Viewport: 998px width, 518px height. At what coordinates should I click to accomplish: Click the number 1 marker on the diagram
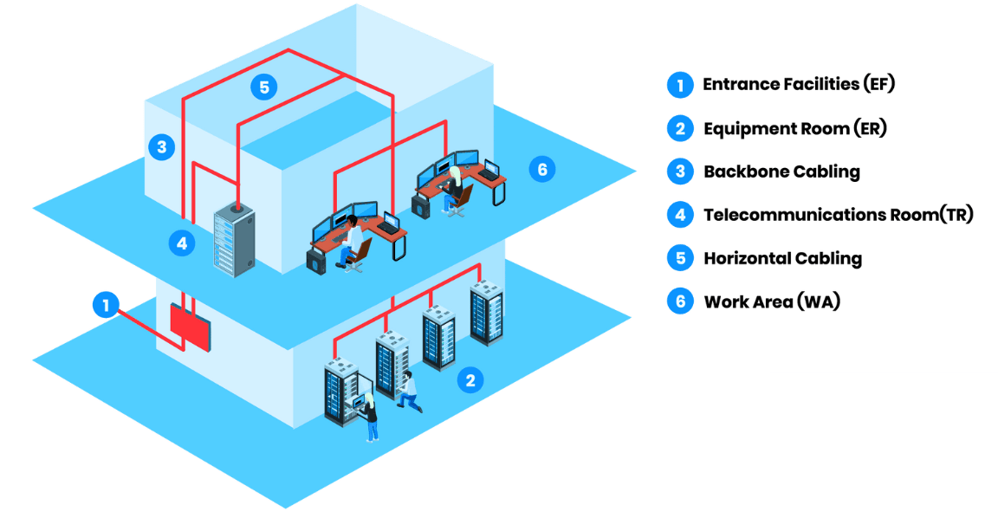pyautogui.click(x=106, y=305)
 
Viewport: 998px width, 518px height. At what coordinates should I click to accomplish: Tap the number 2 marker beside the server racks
pyautogui.click(x=470, y=379)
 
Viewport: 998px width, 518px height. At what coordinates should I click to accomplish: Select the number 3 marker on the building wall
pyautogui.click(x=161, y=146)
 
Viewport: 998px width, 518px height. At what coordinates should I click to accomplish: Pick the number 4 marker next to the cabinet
pyautogui.click(x=181, y=243)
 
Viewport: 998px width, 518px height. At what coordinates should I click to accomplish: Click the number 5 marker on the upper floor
pyautogui.click(x=264, y=86)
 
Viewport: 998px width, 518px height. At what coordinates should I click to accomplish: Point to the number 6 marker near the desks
pyautogui.click(x=542, y=169)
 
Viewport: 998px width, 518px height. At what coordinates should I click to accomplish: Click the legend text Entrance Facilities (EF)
pyautogui.click(x=797, y=84)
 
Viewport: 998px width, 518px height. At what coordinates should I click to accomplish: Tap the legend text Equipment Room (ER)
pyautogui.click(x=794, y=128)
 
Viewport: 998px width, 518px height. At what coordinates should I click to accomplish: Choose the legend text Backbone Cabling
pyautogui.click(x=781, y=172)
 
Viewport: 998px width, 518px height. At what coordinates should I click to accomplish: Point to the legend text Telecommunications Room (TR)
pyautogui.click(x=838, y=215)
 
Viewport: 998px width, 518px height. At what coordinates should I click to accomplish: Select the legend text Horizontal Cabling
pyautogui.click(x=781, y=258)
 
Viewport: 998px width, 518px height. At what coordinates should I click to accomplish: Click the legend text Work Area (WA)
pyautogui.click(x=771, y=301)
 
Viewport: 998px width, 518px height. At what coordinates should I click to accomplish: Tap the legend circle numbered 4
pyautogui.click(x=680, y=214)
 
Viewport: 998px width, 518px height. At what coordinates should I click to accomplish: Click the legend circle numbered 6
pyautogui.click(x=680, y=301)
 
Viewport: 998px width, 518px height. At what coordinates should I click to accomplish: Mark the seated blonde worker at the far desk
pyautogui.click(x=454, y=189)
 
